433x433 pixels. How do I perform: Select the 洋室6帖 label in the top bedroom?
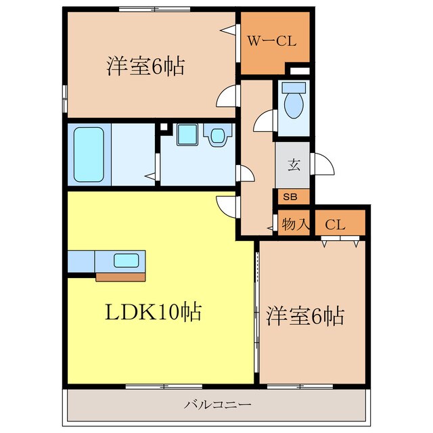click(x=145, y=67)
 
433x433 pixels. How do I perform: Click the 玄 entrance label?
click(x=294, y=164)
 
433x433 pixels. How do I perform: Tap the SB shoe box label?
click(x=290, y=197)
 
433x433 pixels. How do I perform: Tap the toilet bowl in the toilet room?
click(x=294, y=106)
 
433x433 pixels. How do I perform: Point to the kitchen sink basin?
click(x=127, y=260)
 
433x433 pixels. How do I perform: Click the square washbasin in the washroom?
click(x=187, y=135)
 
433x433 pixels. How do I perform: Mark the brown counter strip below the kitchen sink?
click(x=120, y=276)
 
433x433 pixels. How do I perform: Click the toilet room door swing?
click(x=263, y=122)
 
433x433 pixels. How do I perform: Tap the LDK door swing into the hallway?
click(x=227, y=204)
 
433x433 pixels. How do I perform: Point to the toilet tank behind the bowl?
click(x=294, y=88)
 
